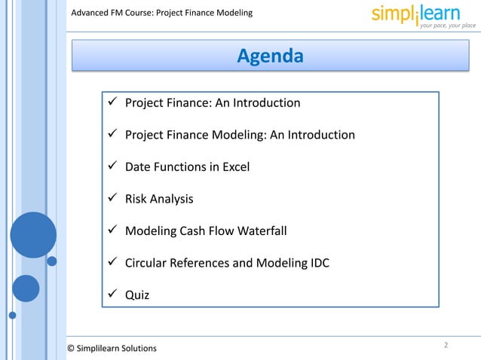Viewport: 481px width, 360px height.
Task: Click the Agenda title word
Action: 270,56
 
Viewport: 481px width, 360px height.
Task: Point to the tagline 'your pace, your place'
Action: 448,26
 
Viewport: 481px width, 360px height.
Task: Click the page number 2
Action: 446,345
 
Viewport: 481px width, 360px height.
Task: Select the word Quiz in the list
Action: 137,295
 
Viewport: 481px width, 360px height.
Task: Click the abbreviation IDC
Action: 317,263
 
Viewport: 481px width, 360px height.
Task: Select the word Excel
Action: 235,167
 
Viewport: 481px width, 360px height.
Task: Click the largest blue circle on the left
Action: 33,235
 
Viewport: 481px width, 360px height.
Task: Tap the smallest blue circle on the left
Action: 52,261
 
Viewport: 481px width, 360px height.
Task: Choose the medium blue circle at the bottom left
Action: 26,288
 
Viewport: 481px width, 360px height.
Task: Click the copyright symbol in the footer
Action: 72,348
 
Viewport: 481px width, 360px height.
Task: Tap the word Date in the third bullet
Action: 138,167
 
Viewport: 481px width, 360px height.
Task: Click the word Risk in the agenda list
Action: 136,199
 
